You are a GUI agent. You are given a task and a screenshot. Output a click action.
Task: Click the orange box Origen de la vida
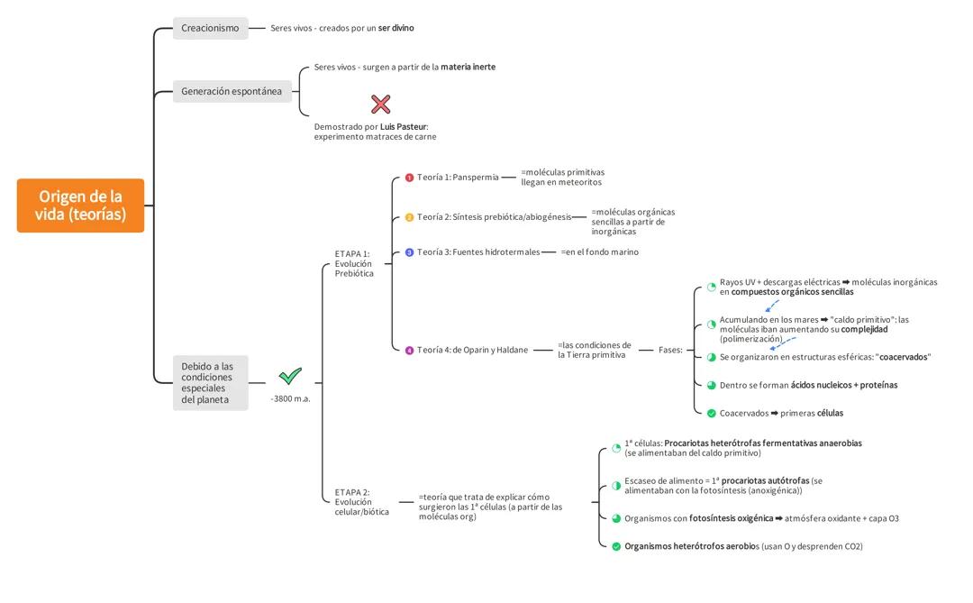(80, 206)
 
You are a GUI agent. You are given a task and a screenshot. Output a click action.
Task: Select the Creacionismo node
(210, 28)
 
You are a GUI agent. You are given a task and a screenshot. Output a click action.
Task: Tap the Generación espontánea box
(232, 91)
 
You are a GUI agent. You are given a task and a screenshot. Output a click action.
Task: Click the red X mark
(380, 104)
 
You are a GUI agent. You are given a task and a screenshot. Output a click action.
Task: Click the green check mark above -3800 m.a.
(290, 376)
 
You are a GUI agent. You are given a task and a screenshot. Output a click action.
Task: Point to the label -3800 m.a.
(290, 398)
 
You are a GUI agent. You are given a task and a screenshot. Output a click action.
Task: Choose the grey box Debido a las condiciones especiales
(210, 383)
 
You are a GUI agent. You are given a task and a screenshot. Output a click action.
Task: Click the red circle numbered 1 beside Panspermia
(409, 178)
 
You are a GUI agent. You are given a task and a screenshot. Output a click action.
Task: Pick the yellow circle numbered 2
(409, 217)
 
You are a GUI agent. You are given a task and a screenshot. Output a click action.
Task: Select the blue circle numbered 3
(409, 252)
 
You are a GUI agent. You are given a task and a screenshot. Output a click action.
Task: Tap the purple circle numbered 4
(409, 350)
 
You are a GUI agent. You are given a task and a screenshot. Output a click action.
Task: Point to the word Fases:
(670, 350)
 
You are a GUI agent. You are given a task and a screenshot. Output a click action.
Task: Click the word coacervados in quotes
(903, 357)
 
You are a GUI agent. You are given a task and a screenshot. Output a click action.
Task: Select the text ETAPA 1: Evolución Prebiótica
(354, 263)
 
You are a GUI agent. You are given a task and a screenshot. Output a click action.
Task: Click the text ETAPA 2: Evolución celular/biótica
(361, 502)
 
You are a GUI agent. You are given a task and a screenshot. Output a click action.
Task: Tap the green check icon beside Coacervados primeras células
(711, 413)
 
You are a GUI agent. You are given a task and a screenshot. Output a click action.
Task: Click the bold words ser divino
(396, 28)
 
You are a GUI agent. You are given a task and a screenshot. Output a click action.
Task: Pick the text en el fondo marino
(600, 252)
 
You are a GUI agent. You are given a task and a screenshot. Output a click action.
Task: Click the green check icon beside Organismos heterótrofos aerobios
(616, 546)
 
